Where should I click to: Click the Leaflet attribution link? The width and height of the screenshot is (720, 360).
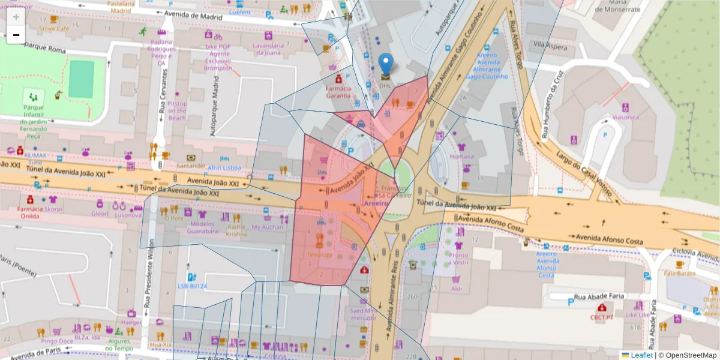click(x=641, y=355)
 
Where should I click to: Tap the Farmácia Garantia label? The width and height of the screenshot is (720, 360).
click(x=338, y=92)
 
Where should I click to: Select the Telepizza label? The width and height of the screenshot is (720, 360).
click(x=319, y=254)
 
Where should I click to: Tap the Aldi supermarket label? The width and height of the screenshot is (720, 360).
click(x=456, y=289)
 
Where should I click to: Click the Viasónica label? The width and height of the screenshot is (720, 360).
click(x=625, y=118)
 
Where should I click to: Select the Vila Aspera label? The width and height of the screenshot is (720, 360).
click(x=550, y=45)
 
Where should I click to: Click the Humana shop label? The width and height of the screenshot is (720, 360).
click(x=461, y=156)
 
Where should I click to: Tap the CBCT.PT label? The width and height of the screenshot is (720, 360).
click(x=602, y=317)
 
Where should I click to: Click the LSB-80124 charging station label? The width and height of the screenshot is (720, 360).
click(x=192, y=286)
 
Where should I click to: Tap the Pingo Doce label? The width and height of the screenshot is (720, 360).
click(x=57, y=341)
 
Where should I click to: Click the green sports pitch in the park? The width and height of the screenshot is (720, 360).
click(x=81, y=79)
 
